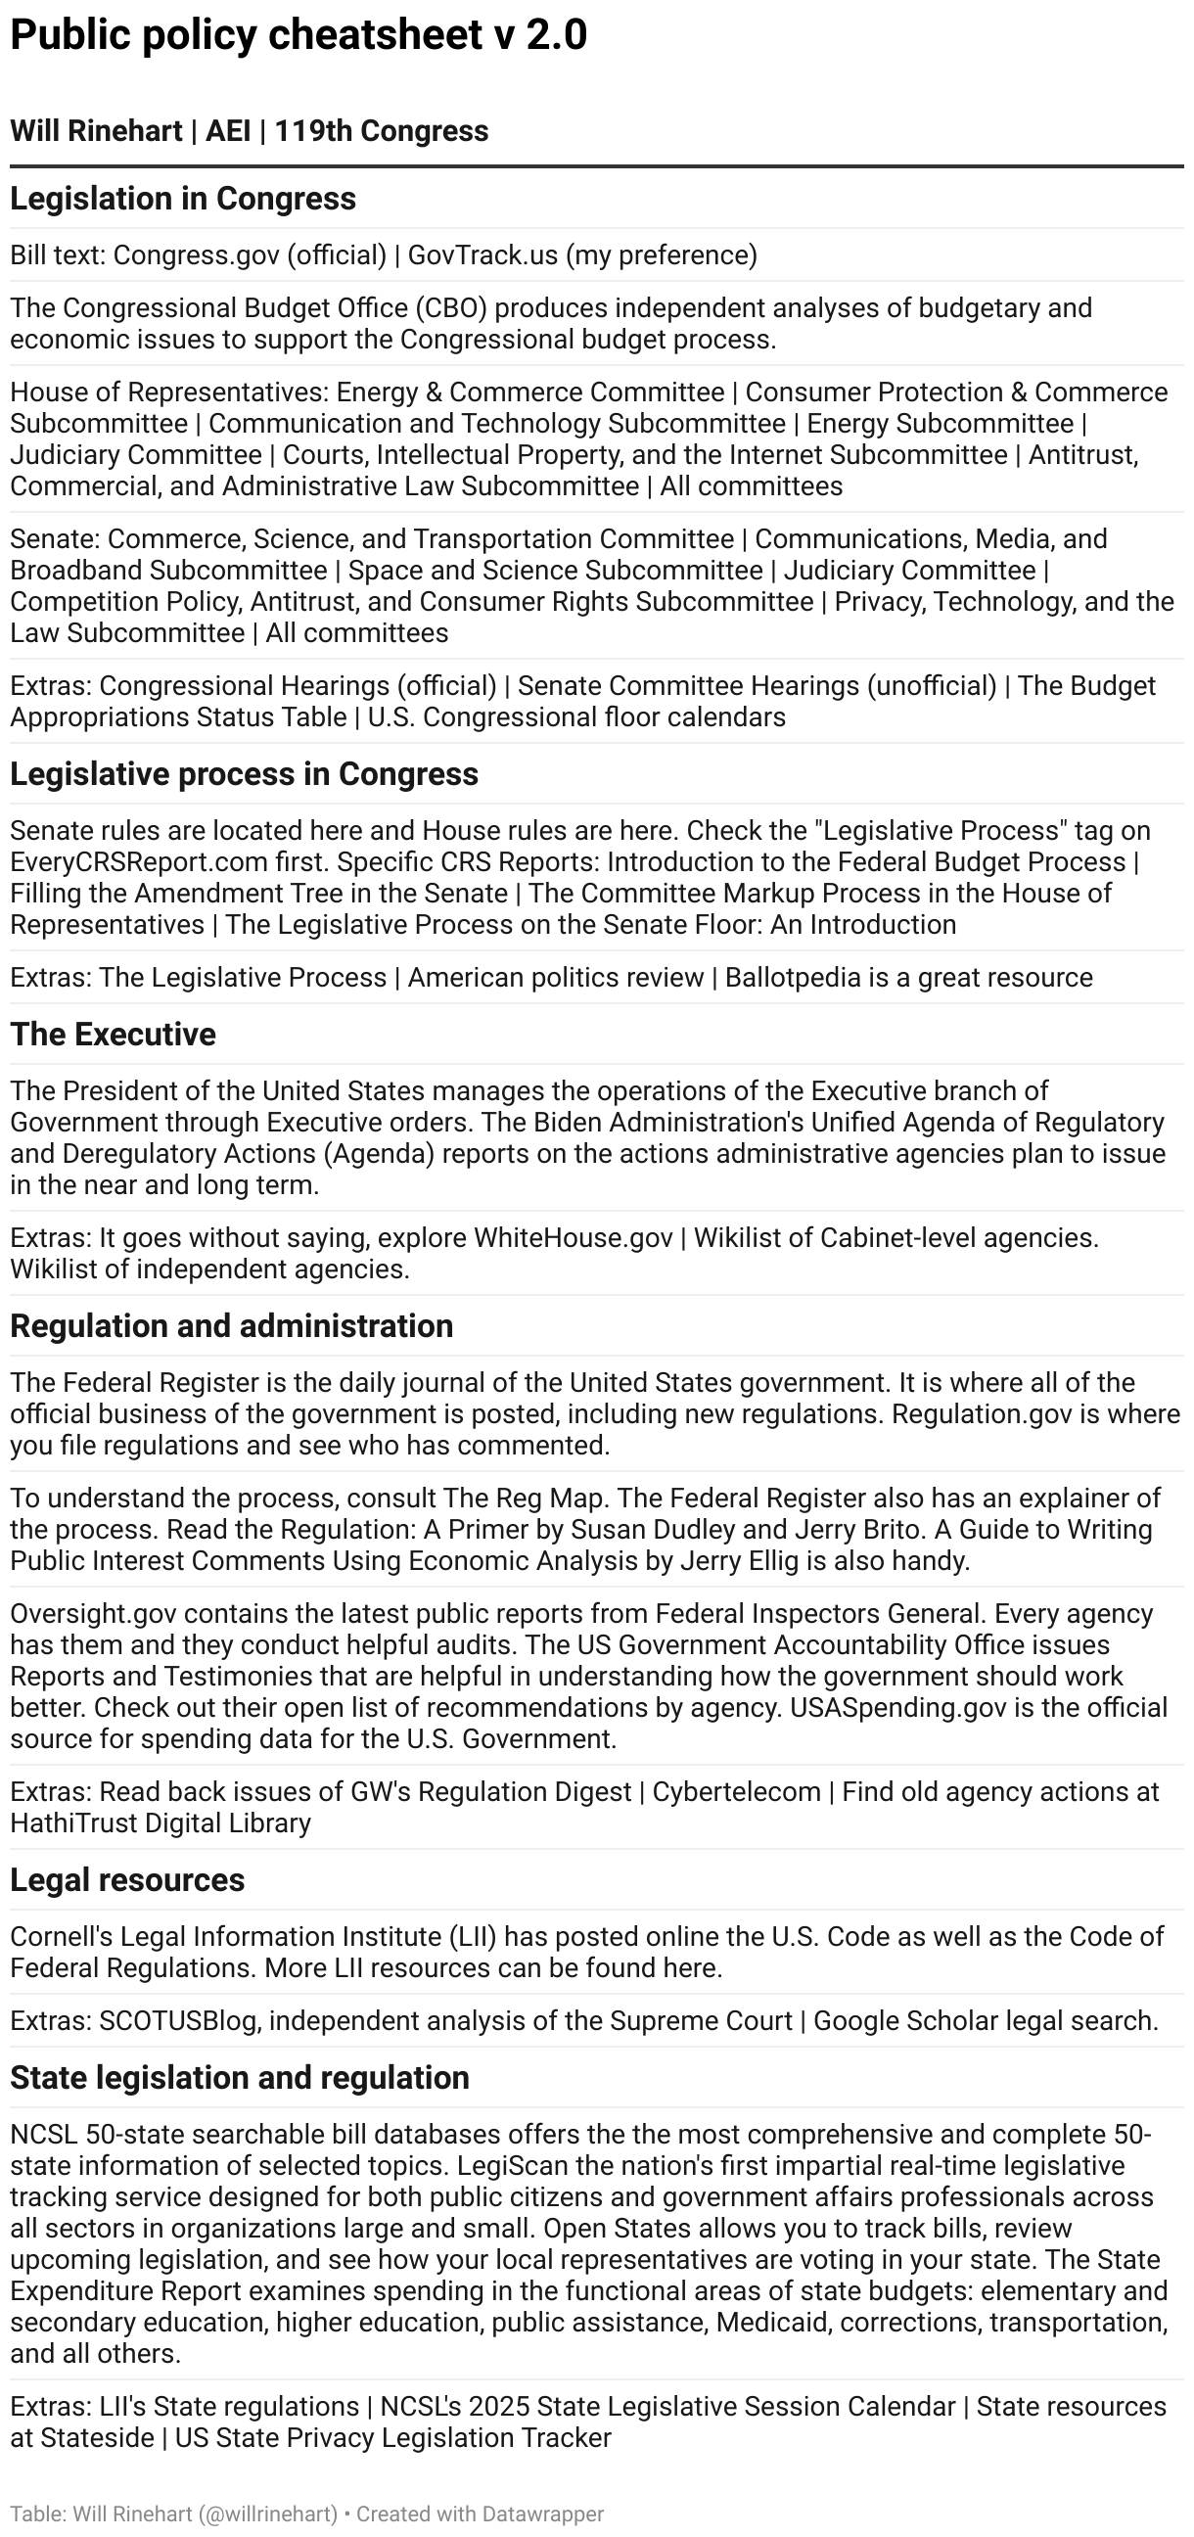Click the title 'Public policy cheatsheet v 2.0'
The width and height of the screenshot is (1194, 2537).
pyautogui.click(x=298, y=35)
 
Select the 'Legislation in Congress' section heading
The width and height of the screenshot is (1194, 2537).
pyautogui.click(x=183, y=199)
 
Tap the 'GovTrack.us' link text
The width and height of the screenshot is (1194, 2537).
pyautogui.click(x=482, y=255)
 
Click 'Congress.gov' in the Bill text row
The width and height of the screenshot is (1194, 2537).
pyautogui.click(x=195, y=255)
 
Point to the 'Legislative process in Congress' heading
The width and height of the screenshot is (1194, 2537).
pyautogui.click(x=245, y=774)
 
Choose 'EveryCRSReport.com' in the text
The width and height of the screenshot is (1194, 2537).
pyautogui.click(x=139, y=861)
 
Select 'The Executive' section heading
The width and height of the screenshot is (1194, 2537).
pyautogui.click(x=114, y=1035)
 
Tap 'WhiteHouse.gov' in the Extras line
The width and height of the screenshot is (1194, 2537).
pyautogui.click(x=574, y=1237)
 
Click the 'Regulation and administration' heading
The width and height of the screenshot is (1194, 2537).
pyautogui.click(x=232, y=1325)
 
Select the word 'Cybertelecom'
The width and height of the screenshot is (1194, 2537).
pyautogui.click(x=736, y=1791)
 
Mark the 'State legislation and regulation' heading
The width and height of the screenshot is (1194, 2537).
pyautogui.click(x=240, y=2077)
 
